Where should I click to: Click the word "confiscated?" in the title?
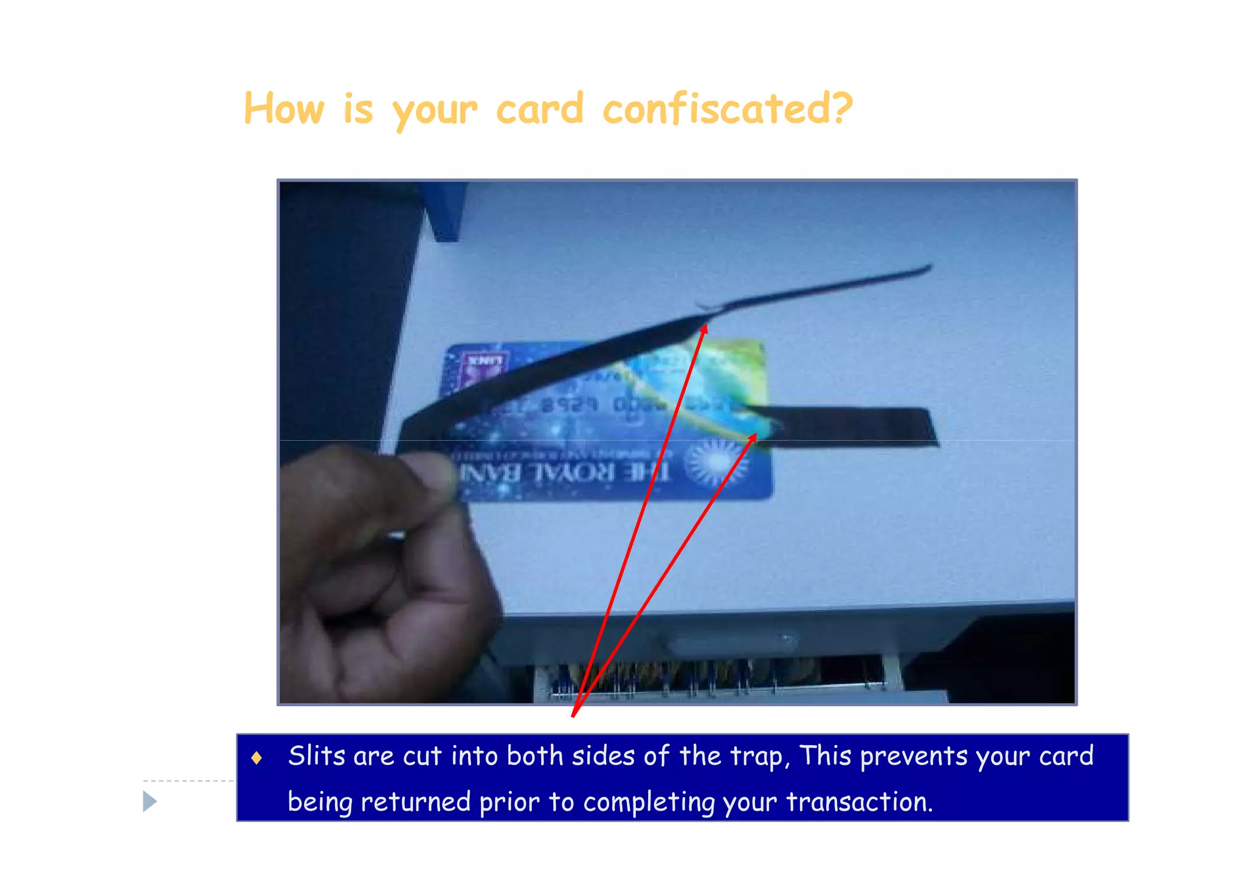point(728,109)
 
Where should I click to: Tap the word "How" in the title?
point(284,109)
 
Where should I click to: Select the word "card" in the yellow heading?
point(540,109)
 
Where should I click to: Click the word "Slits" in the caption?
point(317,756)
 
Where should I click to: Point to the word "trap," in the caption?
point(760,756)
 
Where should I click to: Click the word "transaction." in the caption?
point(859,802)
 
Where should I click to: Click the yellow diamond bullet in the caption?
point(257,757)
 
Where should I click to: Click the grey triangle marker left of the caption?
point(150,801)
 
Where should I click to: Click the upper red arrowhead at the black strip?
point(704,329)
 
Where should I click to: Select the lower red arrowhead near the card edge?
point(753,437)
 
